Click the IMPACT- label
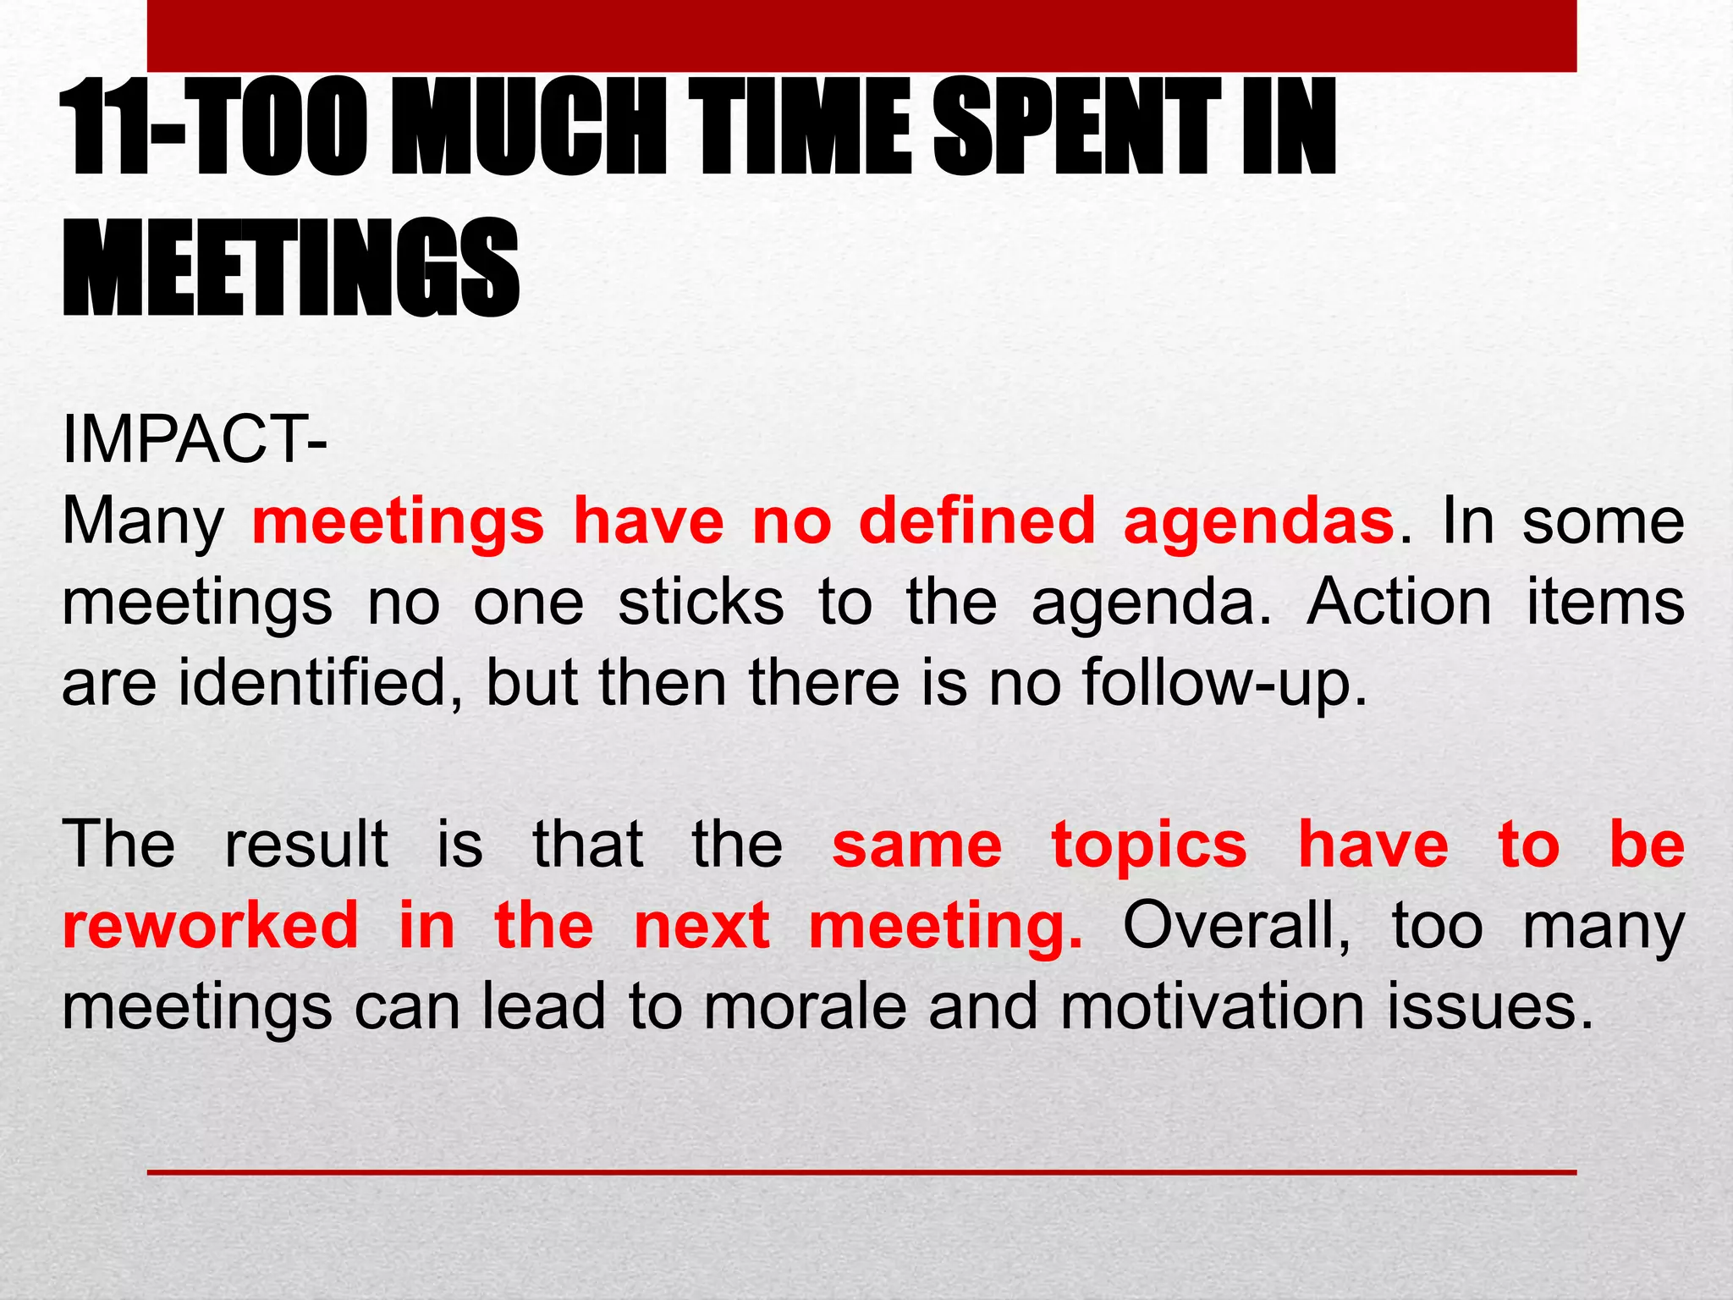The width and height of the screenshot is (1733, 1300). (195, 439)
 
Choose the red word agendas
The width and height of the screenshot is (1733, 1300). (1258, 521)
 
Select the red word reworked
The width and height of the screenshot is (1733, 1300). (211, 924)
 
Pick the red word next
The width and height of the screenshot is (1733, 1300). (701, 926)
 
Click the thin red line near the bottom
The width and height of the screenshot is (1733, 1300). (861, 1172)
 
